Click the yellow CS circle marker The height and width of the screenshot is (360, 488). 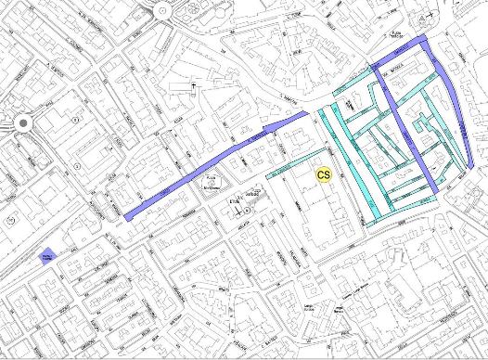coord(324,174)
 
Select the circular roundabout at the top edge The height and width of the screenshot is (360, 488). coord(164,10)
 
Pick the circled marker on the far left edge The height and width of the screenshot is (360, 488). coord(9,220)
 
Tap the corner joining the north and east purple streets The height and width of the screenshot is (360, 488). coord(426,38)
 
